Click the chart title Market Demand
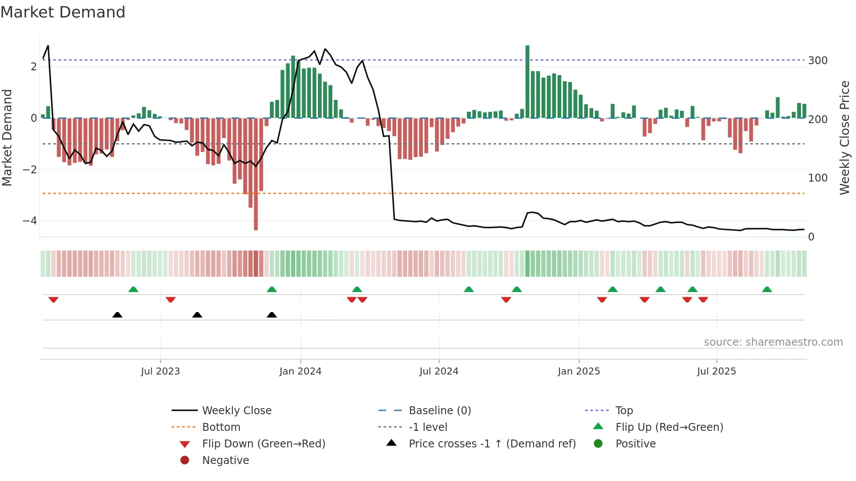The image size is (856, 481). point(63,12)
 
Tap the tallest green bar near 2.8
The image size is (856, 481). point(527,82)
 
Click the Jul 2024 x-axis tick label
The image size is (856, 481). point(439,371)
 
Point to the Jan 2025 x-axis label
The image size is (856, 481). point(579,371)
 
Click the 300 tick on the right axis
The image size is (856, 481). point(818,61)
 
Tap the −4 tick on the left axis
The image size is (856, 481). point(30,221)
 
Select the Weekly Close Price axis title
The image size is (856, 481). point(845,137)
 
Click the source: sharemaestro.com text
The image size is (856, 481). point(773,342)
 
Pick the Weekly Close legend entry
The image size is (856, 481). point(236,411)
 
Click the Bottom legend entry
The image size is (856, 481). point(221,427)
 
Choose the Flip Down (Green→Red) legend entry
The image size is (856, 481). point(263,444)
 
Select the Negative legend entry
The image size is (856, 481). point(225,460)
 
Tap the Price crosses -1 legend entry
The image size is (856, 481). point(492,444)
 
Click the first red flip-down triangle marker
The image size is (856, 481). point(53,299)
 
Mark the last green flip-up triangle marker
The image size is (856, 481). point(767,289)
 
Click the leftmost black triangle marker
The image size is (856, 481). point(117,315)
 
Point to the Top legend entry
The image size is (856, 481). point(624,411)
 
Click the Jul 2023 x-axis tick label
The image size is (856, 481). point(160,371)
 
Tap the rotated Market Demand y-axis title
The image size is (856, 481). point(7,137)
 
